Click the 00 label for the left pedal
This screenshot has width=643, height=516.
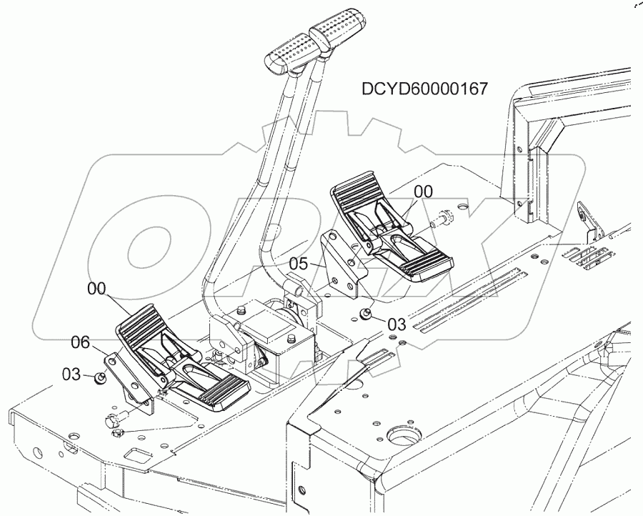tap(98, 289)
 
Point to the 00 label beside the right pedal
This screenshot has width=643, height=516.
tap(423, 191)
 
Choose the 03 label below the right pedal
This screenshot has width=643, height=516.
tap(394, 324)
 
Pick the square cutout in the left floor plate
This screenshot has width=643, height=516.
tap(136, 455)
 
